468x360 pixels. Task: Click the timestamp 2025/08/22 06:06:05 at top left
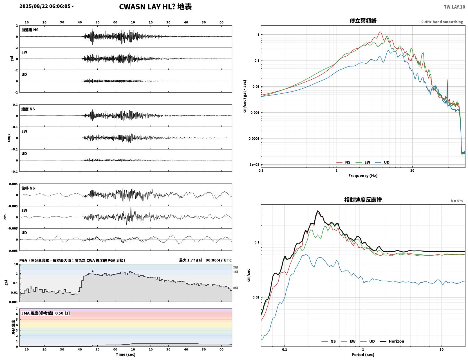pos(45,6)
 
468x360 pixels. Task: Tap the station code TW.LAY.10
pos(454,7)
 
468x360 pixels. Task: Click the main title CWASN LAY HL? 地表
pos(155,7)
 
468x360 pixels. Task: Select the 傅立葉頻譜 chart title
pos(363,21)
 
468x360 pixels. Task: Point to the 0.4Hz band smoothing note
pos(442,22)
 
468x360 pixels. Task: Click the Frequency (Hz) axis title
pos(363,176)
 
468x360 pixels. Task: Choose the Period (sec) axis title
pos(363,355)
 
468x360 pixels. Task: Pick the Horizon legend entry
pos(392,341)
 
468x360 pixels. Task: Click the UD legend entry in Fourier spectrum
pos(382,162)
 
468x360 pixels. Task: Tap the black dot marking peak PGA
pos(93,271)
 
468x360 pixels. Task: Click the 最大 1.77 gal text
pos(191,260)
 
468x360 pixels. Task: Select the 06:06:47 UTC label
pos(219,260)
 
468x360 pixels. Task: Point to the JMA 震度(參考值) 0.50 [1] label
pos(45,313)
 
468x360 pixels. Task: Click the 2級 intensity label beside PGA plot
pos(236,267)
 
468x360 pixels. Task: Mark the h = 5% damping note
pos(456,201)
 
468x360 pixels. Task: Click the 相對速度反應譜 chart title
pos(363,200)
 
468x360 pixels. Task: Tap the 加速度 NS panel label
pos(30,30)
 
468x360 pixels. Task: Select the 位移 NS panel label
pos(28,188)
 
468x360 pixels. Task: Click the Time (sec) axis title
pos(126,354)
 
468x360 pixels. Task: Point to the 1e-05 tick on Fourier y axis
pos(254,164)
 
